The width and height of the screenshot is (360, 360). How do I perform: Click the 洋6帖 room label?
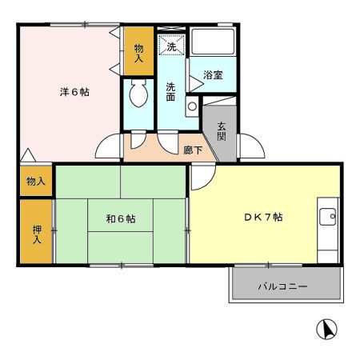[x=74, y=92]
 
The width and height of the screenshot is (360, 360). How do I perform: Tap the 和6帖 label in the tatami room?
[x=121, y=218]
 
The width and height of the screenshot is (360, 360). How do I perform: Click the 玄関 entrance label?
[x=221, y=129]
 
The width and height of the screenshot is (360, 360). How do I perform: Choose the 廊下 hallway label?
[x=192, y=150]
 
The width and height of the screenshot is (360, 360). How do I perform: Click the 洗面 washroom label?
[x=171, y=91]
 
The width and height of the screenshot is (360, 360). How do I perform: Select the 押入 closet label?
[x=37, y=234]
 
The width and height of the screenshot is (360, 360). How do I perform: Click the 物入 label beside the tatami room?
[x=36, y=182]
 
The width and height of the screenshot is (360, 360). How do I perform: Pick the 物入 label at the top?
[x=138, y=53]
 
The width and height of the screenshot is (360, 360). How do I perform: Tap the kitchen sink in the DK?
[x=327, y=215]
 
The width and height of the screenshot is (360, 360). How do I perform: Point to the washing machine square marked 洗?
[x=171, y=47]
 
